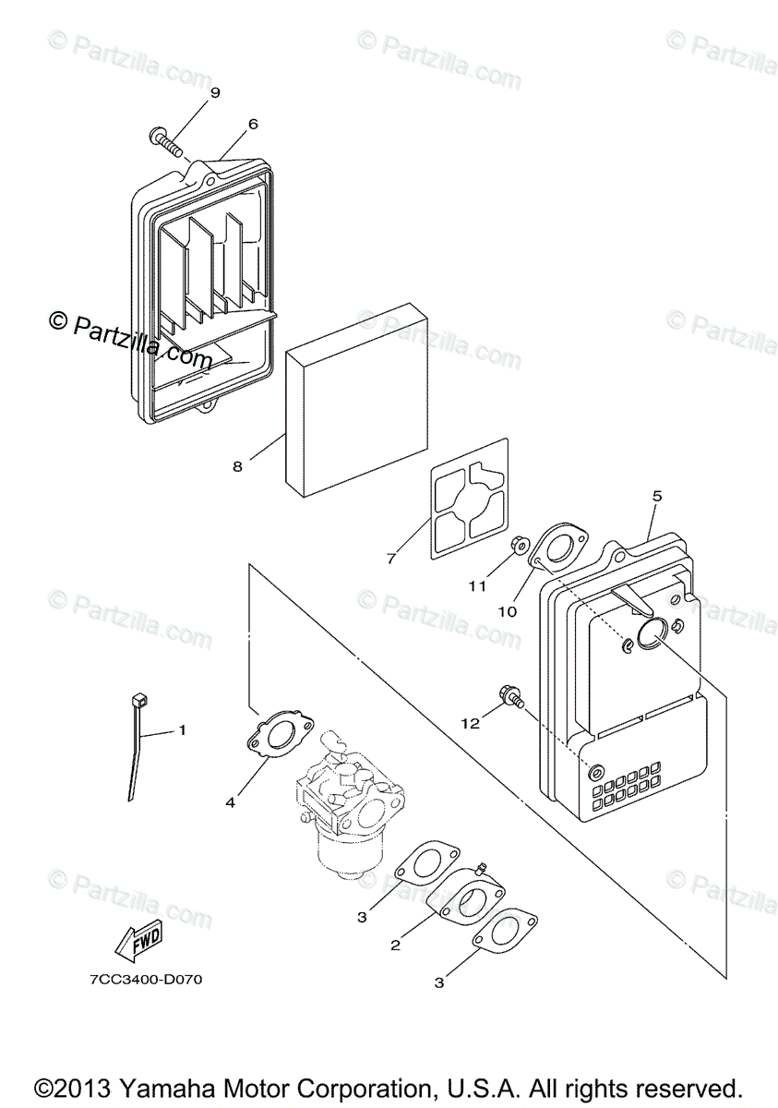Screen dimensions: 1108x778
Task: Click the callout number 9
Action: [215, 92]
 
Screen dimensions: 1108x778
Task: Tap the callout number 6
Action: [253, 124]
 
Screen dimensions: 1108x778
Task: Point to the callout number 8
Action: [238, 466]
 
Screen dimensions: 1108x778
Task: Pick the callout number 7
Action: [390, 559]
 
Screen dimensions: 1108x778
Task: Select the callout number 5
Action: [656, 496]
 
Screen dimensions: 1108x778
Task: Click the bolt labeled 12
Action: [508, 695]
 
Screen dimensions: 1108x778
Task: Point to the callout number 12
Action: [472, 724]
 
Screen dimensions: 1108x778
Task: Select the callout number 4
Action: [230, 802]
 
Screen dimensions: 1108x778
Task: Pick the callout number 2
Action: [395, 945]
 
